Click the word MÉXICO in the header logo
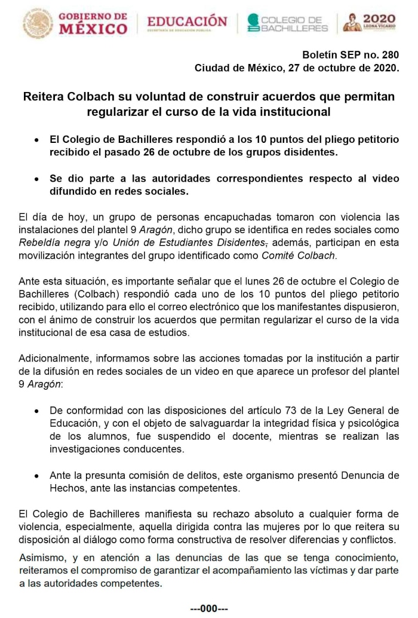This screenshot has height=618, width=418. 93,28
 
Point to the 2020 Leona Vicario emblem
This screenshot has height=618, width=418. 370,22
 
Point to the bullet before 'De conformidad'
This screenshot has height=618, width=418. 37,411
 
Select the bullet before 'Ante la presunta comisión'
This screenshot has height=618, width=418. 37,476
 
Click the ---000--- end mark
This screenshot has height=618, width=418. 208,608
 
